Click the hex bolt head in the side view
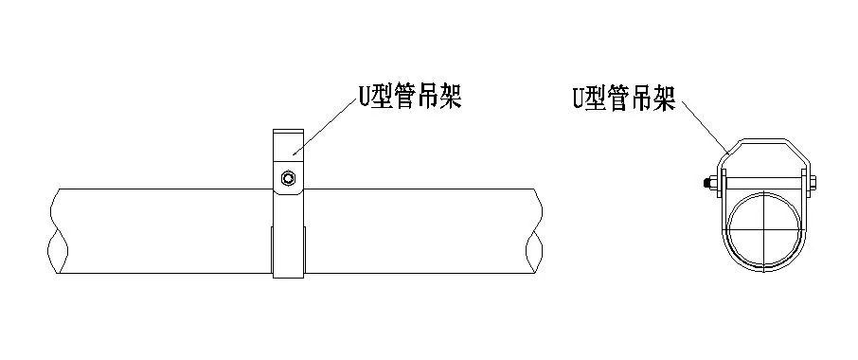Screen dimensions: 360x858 point(288,177)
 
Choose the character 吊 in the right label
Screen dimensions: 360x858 point(643,99)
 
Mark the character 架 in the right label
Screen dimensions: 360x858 point(666,99)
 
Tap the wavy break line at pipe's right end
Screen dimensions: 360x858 point(538,233)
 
